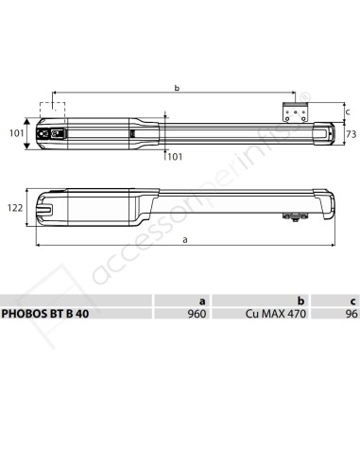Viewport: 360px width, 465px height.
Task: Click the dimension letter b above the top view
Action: tap(177, 88)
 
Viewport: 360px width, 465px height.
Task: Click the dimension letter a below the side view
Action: tap(184, 241)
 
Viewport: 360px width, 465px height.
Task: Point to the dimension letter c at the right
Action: tap(347, 112)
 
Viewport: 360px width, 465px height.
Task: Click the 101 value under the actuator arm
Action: tap(173, 156)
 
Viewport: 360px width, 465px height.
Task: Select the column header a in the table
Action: tap(203, 301)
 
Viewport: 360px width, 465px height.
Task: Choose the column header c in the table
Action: tap(351, 301)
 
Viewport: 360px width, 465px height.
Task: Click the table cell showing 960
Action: tap(197, 316)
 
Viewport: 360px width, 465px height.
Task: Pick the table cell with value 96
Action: tap(350, 316)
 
